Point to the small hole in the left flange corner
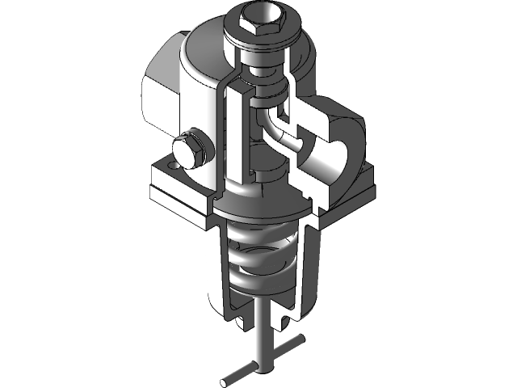171,162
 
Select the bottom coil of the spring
261,291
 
